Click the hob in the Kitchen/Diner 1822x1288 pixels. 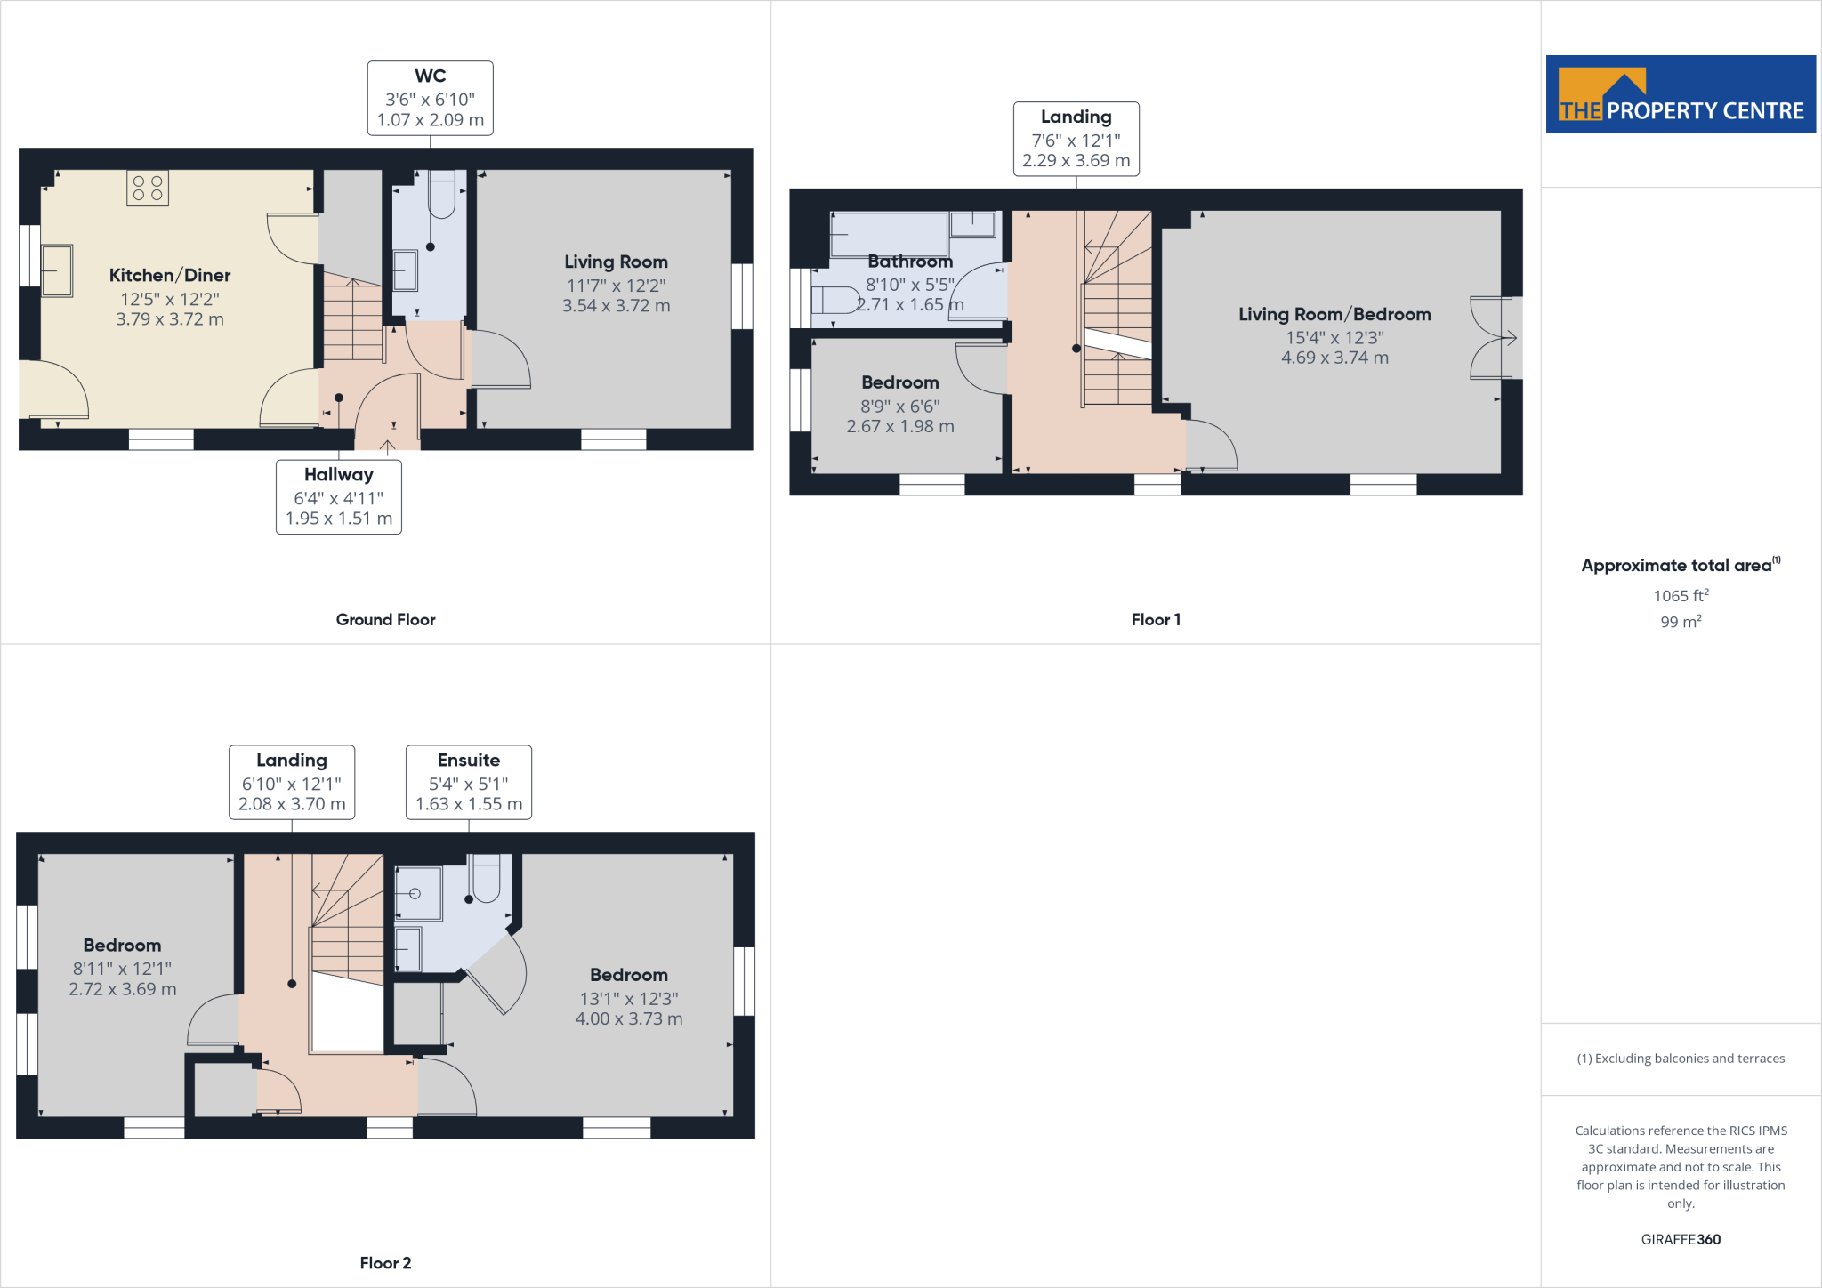pyautogui.click(x=148, y=188)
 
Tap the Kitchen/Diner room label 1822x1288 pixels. pyautogui.click(x=170, y=276)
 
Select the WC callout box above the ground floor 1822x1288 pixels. pyautogui.click(x=430, y=98)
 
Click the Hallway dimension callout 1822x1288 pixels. pyautogui.click(x=338, y=496)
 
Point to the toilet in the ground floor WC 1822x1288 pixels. pyautogui.click(x=441, y=195)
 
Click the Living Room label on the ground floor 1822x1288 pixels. pyautogui.click(x=616, y=262)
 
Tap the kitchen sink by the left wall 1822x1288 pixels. pyautogui.click(x=57, y=270)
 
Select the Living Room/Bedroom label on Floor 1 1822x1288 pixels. pyautogui.click(x=1334, y=315)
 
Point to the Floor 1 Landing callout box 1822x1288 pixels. pyautogui.click(x=1076, y=139)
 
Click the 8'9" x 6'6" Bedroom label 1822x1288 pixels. pyautogui.click(x=899, y=383)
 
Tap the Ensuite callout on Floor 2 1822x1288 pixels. pyautogui.click(x=469, y=782)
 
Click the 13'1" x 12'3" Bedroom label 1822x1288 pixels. pyautogui.click(x=628, y=976)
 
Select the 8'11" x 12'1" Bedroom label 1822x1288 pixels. pyautogui.click(x=123, y=946)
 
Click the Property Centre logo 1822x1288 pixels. pyautogui.click(x=1680, y=94)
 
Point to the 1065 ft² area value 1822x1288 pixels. pyautogui.click(x=1681, y=596)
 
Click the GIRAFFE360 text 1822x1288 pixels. pyautogui.click(x=1681, y=1239)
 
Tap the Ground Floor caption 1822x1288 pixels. pyautogui.click(x=385, y=620)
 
